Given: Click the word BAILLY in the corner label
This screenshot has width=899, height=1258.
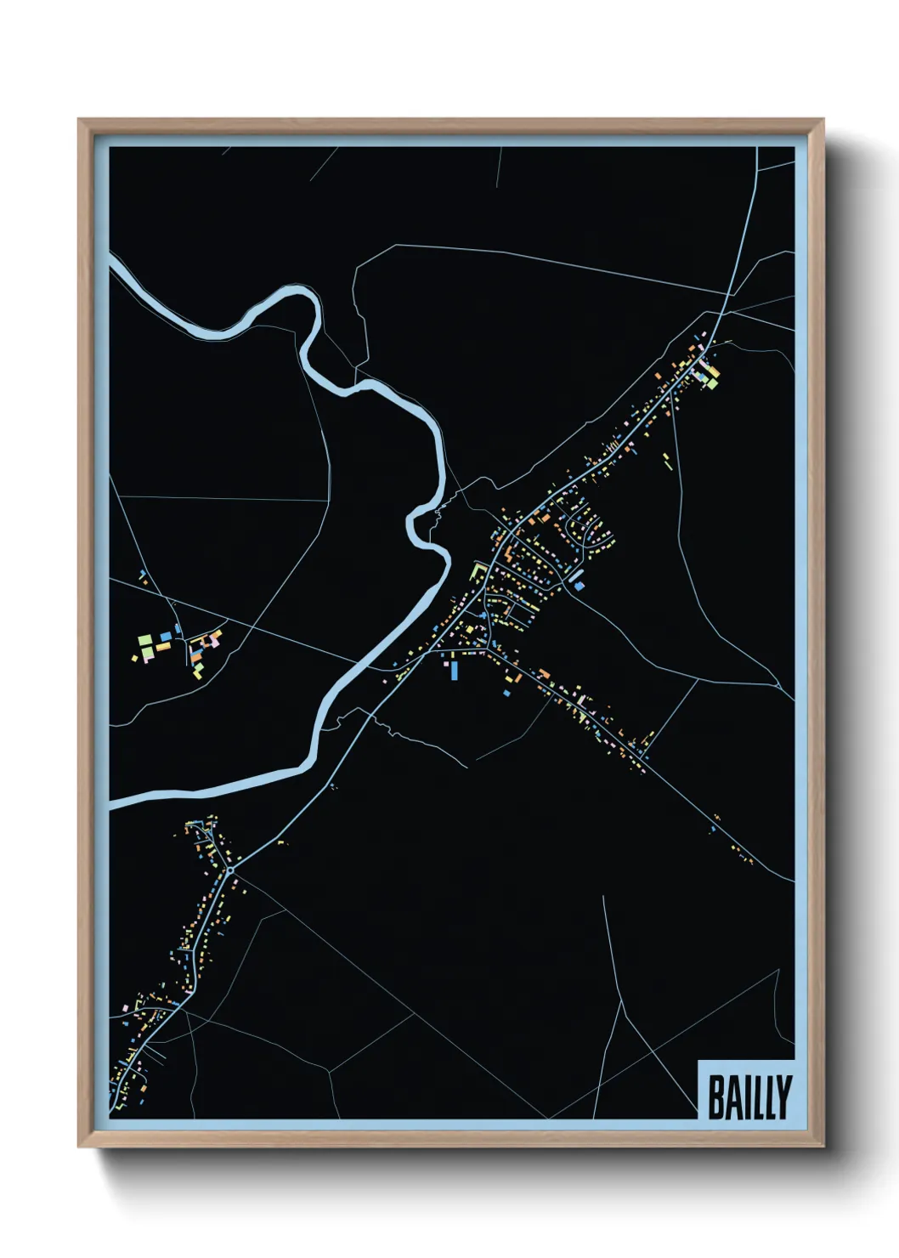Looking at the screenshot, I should tap(749, 1096).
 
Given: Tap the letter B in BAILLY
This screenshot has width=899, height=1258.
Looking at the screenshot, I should tap(716, 1097).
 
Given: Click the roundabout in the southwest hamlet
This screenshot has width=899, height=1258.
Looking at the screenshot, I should tap(229, 870).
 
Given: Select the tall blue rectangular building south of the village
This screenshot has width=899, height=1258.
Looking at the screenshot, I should tap(455, 671).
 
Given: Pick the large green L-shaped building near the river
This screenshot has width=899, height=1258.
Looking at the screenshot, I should tap(478, 569).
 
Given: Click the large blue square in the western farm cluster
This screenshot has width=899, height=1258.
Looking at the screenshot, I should tap(165, 637).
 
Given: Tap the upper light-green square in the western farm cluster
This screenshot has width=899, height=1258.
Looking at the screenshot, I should tap(144, 639).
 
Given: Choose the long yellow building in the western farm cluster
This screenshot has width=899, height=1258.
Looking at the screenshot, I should tap(163, 648).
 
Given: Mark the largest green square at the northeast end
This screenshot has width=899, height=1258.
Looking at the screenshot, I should tap(712, 382).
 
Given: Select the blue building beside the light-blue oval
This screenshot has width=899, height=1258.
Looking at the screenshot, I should tap(580, 586).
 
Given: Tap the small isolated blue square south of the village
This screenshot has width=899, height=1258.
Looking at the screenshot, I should tap(506, 694).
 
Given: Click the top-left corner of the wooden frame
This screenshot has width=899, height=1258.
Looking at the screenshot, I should tap(80, 121).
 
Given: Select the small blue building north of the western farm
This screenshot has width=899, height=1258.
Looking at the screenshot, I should tap(177, 629).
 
